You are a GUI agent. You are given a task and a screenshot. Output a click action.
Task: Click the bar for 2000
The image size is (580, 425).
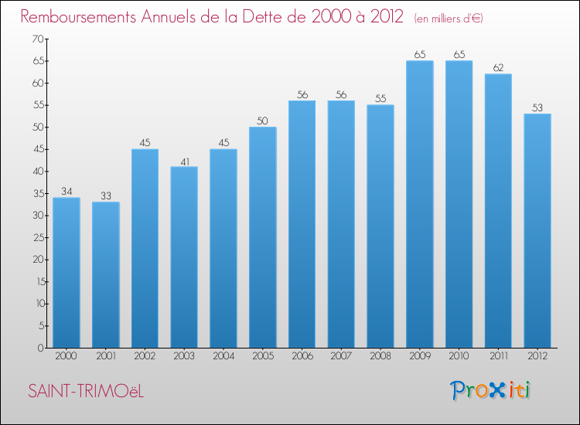67,273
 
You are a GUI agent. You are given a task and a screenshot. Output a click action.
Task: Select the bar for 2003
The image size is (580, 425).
184,257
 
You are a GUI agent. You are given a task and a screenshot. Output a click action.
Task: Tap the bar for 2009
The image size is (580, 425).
420,204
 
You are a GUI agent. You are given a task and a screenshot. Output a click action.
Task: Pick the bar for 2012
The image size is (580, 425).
537,231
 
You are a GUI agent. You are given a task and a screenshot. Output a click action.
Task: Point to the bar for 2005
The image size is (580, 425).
263,237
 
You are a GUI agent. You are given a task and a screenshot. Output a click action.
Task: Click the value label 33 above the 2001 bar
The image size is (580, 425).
106,196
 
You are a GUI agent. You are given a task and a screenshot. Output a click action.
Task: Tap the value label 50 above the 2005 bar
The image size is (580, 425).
263,121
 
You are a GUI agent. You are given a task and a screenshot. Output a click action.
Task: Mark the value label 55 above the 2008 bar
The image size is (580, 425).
380,99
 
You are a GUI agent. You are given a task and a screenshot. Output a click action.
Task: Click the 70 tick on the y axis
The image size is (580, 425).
36,39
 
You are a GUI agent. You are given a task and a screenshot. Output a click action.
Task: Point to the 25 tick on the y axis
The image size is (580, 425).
36,237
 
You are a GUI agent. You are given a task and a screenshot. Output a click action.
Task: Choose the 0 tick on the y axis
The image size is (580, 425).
39,348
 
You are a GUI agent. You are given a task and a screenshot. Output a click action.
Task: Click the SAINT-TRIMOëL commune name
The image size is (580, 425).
86,392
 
